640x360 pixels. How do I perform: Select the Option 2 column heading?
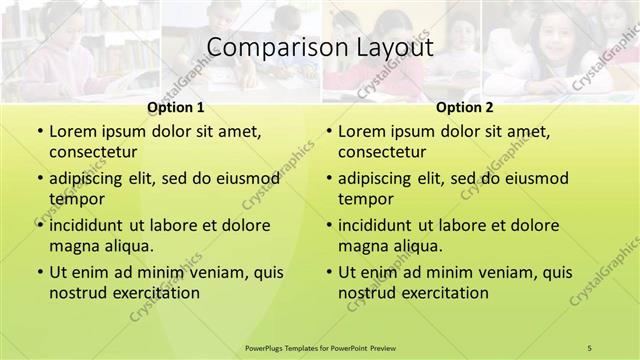tap(464, 107)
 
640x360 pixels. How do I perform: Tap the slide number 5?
tap(590, 347)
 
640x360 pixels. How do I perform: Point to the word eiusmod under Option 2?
tap(532, 179)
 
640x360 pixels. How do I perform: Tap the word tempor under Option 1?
tap(75, 199)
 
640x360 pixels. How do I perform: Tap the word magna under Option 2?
tap(363, 246)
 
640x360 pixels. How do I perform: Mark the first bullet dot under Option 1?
tap(38, 132)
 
